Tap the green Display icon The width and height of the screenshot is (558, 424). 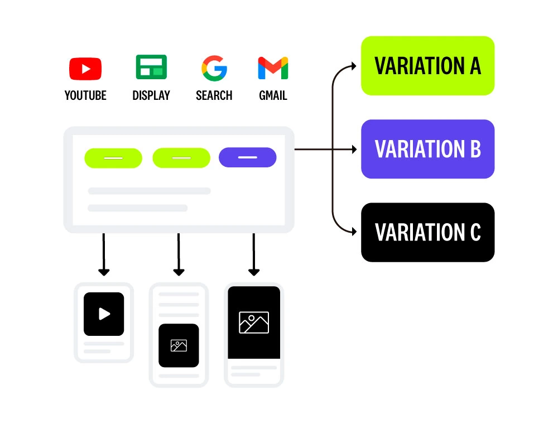pos(151,68)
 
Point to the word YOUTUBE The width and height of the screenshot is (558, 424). pos(85,95)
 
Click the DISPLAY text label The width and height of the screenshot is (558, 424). pos(151,95)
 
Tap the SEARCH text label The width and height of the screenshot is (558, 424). pos(214,95)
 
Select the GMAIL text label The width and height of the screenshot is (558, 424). pos(273,95)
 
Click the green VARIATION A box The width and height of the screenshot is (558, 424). pos(427,66)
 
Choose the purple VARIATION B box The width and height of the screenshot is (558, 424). pos(427,149)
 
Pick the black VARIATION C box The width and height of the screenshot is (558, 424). pos(427,232)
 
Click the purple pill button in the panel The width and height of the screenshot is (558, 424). pos(248,157)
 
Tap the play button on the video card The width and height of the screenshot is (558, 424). pos(104,314)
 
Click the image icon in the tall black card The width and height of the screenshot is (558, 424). pos(254,322)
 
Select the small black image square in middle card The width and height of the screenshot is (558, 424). pos(179,345)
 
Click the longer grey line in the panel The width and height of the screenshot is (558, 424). pos(149,191)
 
